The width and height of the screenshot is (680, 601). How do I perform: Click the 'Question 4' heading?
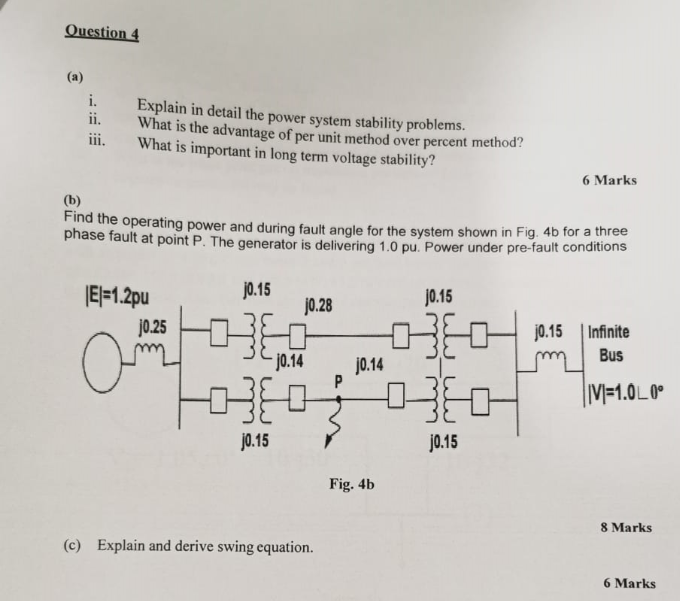[x=101, y=31]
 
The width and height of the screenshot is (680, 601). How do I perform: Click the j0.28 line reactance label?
[x=318, y=306]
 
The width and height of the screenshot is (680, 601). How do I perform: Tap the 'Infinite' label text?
[x=609, y=333]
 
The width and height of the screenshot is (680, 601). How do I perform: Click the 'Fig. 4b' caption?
[x=352, y=484]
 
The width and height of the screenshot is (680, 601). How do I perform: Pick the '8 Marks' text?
[x=625, y=526]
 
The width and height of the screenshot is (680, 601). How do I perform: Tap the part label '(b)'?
[x=71, y=199]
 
